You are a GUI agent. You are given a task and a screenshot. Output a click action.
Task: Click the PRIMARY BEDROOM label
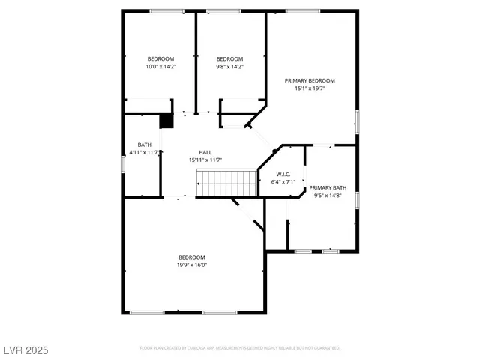click(x=309, y=80)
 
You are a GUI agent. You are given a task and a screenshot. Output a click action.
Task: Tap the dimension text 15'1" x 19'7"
click(x=309, y=88)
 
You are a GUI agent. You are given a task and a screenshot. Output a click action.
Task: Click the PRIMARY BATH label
click(x=328, y=187)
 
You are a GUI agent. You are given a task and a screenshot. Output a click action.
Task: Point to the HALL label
click(x=205, y=152)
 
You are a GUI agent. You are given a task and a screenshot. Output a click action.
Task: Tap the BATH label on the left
click(x=144, y=145)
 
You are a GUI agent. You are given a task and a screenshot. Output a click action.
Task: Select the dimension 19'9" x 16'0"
click(x=192, y=264)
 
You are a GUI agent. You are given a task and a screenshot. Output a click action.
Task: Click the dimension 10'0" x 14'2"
click(x=160, y=67)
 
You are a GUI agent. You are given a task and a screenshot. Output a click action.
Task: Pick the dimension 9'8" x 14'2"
click(x=229, y=67)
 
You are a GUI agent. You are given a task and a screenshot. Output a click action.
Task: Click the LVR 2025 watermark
click(x=25, y=349)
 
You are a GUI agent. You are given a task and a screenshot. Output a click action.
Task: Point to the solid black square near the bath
click(x=166, y=120)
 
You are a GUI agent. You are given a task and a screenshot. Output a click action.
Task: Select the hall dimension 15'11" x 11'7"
click(x=205, y=160)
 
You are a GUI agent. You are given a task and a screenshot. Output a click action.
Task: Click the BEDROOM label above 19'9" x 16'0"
click(x=192, y=256)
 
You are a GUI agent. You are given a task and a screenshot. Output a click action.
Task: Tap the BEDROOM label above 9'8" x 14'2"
click(x=229, y=59)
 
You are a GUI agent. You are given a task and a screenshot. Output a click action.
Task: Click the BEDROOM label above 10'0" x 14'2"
click(x=160, y=59)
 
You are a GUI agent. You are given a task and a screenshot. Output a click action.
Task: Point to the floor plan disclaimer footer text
click(x=240, y=348)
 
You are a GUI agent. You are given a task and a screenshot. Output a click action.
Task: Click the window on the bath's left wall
click(x=123, y=163)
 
